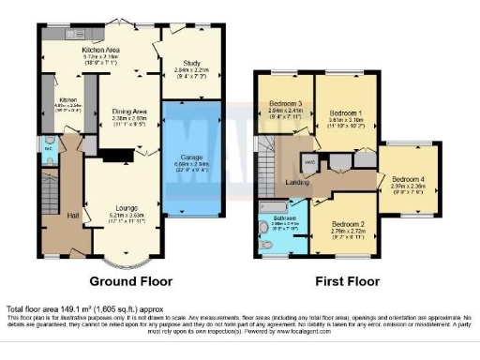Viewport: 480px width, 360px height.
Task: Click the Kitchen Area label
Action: [x=101, y=50]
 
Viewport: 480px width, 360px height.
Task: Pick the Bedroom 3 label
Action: [x=285, y=103]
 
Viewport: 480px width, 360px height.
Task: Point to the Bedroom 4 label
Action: [x=409, y=181]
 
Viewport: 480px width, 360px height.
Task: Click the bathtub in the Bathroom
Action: [x=274, y=205]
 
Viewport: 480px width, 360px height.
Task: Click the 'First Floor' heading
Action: [x=339, y=280]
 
